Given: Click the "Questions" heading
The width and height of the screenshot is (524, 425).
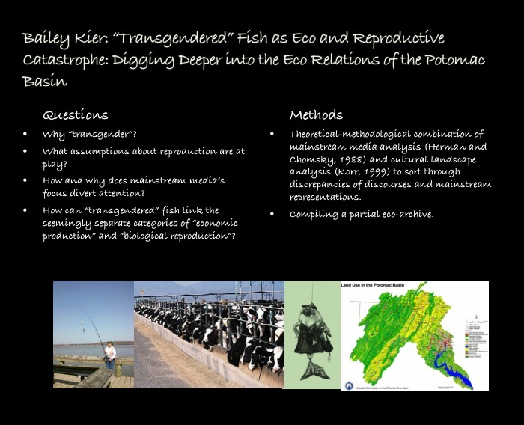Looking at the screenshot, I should [x=76, y=115].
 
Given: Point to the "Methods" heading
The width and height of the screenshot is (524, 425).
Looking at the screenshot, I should [x=316, y=115].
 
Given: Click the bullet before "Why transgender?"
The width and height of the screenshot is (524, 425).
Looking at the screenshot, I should [x=25, y=135].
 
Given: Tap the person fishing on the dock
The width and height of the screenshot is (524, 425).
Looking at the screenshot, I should [x=111, y=355].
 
